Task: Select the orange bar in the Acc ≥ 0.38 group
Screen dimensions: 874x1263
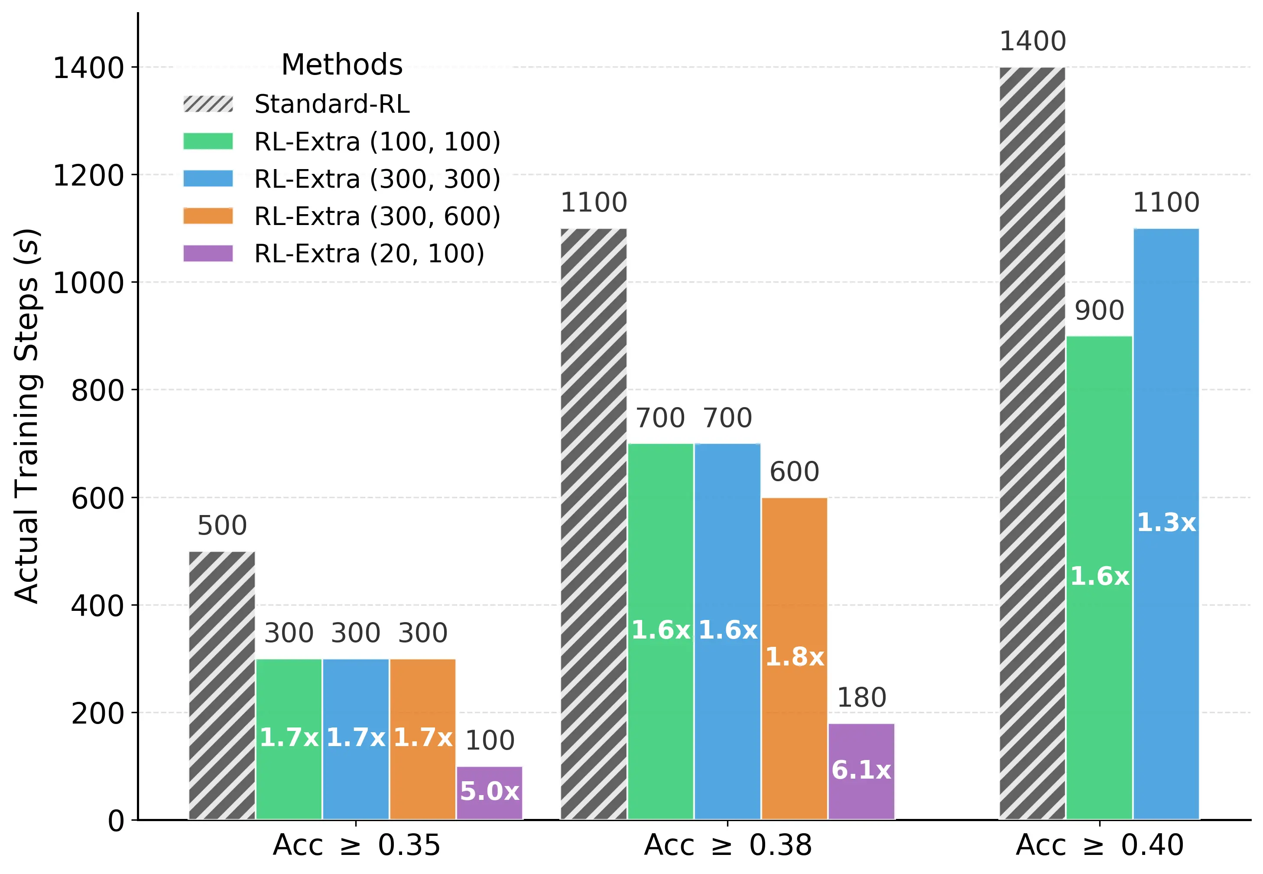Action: point(794,657)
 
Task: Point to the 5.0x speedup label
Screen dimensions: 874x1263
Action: point(489,791)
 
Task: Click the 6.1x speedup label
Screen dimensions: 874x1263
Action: point(861,770)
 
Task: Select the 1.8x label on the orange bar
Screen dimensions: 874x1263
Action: point(794,657)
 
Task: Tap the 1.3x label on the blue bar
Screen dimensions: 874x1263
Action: point(1166,523)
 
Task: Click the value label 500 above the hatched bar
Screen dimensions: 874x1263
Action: point(222,526)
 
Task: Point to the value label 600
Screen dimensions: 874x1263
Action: point(794,472)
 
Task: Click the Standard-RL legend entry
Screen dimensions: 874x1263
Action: point(331,104)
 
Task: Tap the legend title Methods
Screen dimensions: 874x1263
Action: point(341,65)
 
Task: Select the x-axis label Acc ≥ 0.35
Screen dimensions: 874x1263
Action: point(356,845)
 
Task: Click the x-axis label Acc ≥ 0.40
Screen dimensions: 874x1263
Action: point(1099,845)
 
